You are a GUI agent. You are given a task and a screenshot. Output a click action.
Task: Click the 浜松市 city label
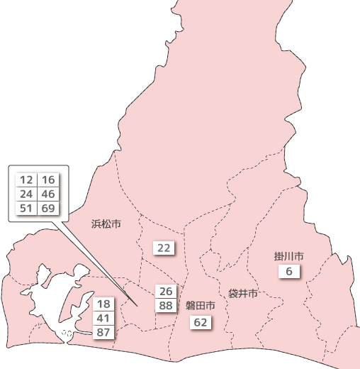106,224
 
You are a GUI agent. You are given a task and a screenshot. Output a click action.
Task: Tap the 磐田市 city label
201,305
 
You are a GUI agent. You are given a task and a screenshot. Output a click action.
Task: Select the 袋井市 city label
242,293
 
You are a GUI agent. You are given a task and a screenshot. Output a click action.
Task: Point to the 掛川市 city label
289,256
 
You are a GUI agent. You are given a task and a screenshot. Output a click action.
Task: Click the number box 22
164,248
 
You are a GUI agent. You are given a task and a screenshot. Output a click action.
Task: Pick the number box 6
289,271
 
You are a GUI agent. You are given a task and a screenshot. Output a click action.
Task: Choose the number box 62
201,323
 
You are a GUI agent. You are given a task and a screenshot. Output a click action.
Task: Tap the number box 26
167,292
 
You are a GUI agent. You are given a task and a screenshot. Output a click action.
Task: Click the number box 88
167,306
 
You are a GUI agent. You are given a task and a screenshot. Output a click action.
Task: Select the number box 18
103,304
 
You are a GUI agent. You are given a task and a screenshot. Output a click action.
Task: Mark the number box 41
103,319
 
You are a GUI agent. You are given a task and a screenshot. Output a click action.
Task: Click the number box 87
103,333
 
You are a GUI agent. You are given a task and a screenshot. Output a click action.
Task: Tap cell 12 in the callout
26,180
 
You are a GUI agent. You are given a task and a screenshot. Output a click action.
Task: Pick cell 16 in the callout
48,180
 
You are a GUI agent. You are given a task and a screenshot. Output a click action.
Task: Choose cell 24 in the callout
26,194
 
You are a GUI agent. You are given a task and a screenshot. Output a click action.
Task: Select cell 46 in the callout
48,194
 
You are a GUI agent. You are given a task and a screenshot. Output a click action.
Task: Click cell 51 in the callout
26,208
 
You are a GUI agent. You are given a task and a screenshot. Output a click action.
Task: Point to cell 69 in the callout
48,208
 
